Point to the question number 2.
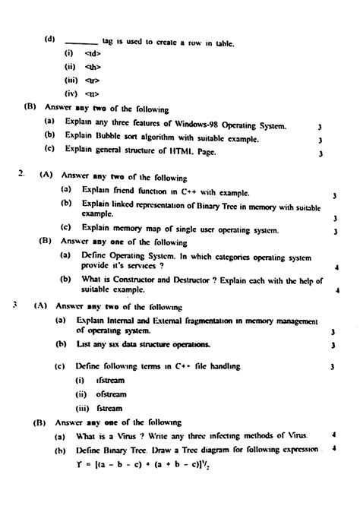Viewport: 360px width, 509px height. coord(21,173)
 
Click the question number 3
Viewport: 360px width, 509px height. coord(14,306)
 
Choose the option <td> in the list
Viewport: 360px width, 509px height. coord(92,54)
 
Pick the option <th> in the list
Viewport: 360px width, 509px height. coord(92,67)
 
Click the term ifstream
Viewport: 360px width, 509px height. coord(108,380)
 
